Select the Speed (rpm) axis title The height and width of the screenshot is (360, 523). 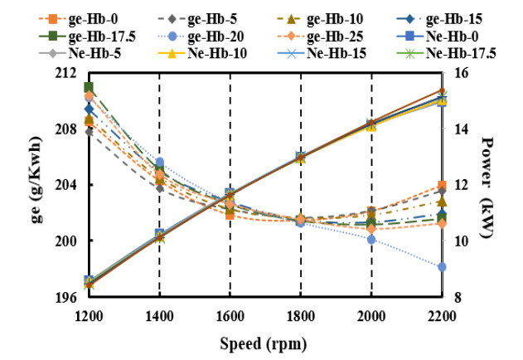coord(265,341)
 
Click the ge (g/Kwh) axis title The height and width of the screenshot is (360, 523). coord(37,184)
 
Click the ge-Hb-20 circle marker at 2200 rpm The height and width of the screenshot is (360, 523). coord(443,266)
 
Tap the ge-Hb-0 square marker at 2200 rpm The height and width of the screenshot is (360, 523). coord(443,185)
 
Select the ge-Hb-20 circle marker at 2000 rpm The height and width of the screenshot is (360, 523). coord(371,239)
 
